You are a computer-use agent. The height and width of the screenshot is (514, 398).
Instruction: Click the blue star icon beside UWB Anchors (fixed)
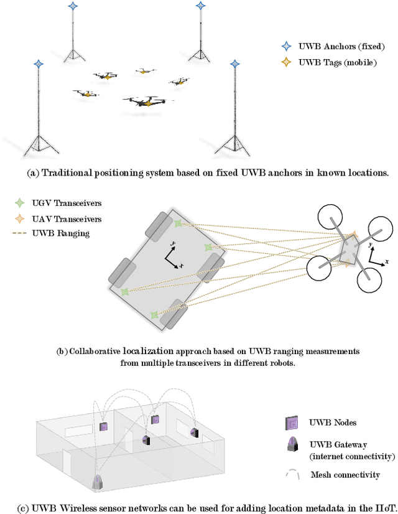(286, 46)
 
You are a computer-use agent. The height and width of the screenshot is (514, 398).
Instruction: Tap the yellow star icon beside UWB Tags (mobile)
(286, 62)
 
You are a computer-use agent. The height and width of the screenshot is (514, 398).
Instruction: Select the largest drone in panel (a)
(144, 101)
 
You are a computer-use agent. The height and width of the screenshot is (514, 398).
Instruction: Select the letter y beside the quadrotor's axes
(370, 245)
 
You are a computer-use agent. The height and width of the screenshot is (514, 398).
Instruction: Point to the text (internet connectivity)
(352, 457)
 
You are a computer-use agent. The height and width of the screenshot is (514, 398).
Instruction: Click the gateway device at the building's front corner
(98, 483)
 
